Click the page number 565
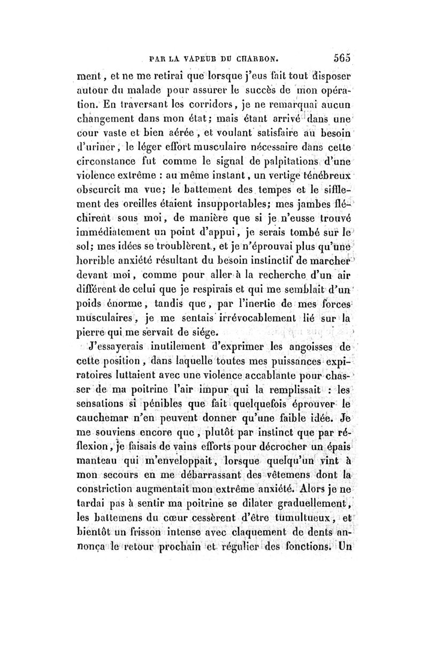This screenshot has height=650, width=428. coord(341,59)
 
